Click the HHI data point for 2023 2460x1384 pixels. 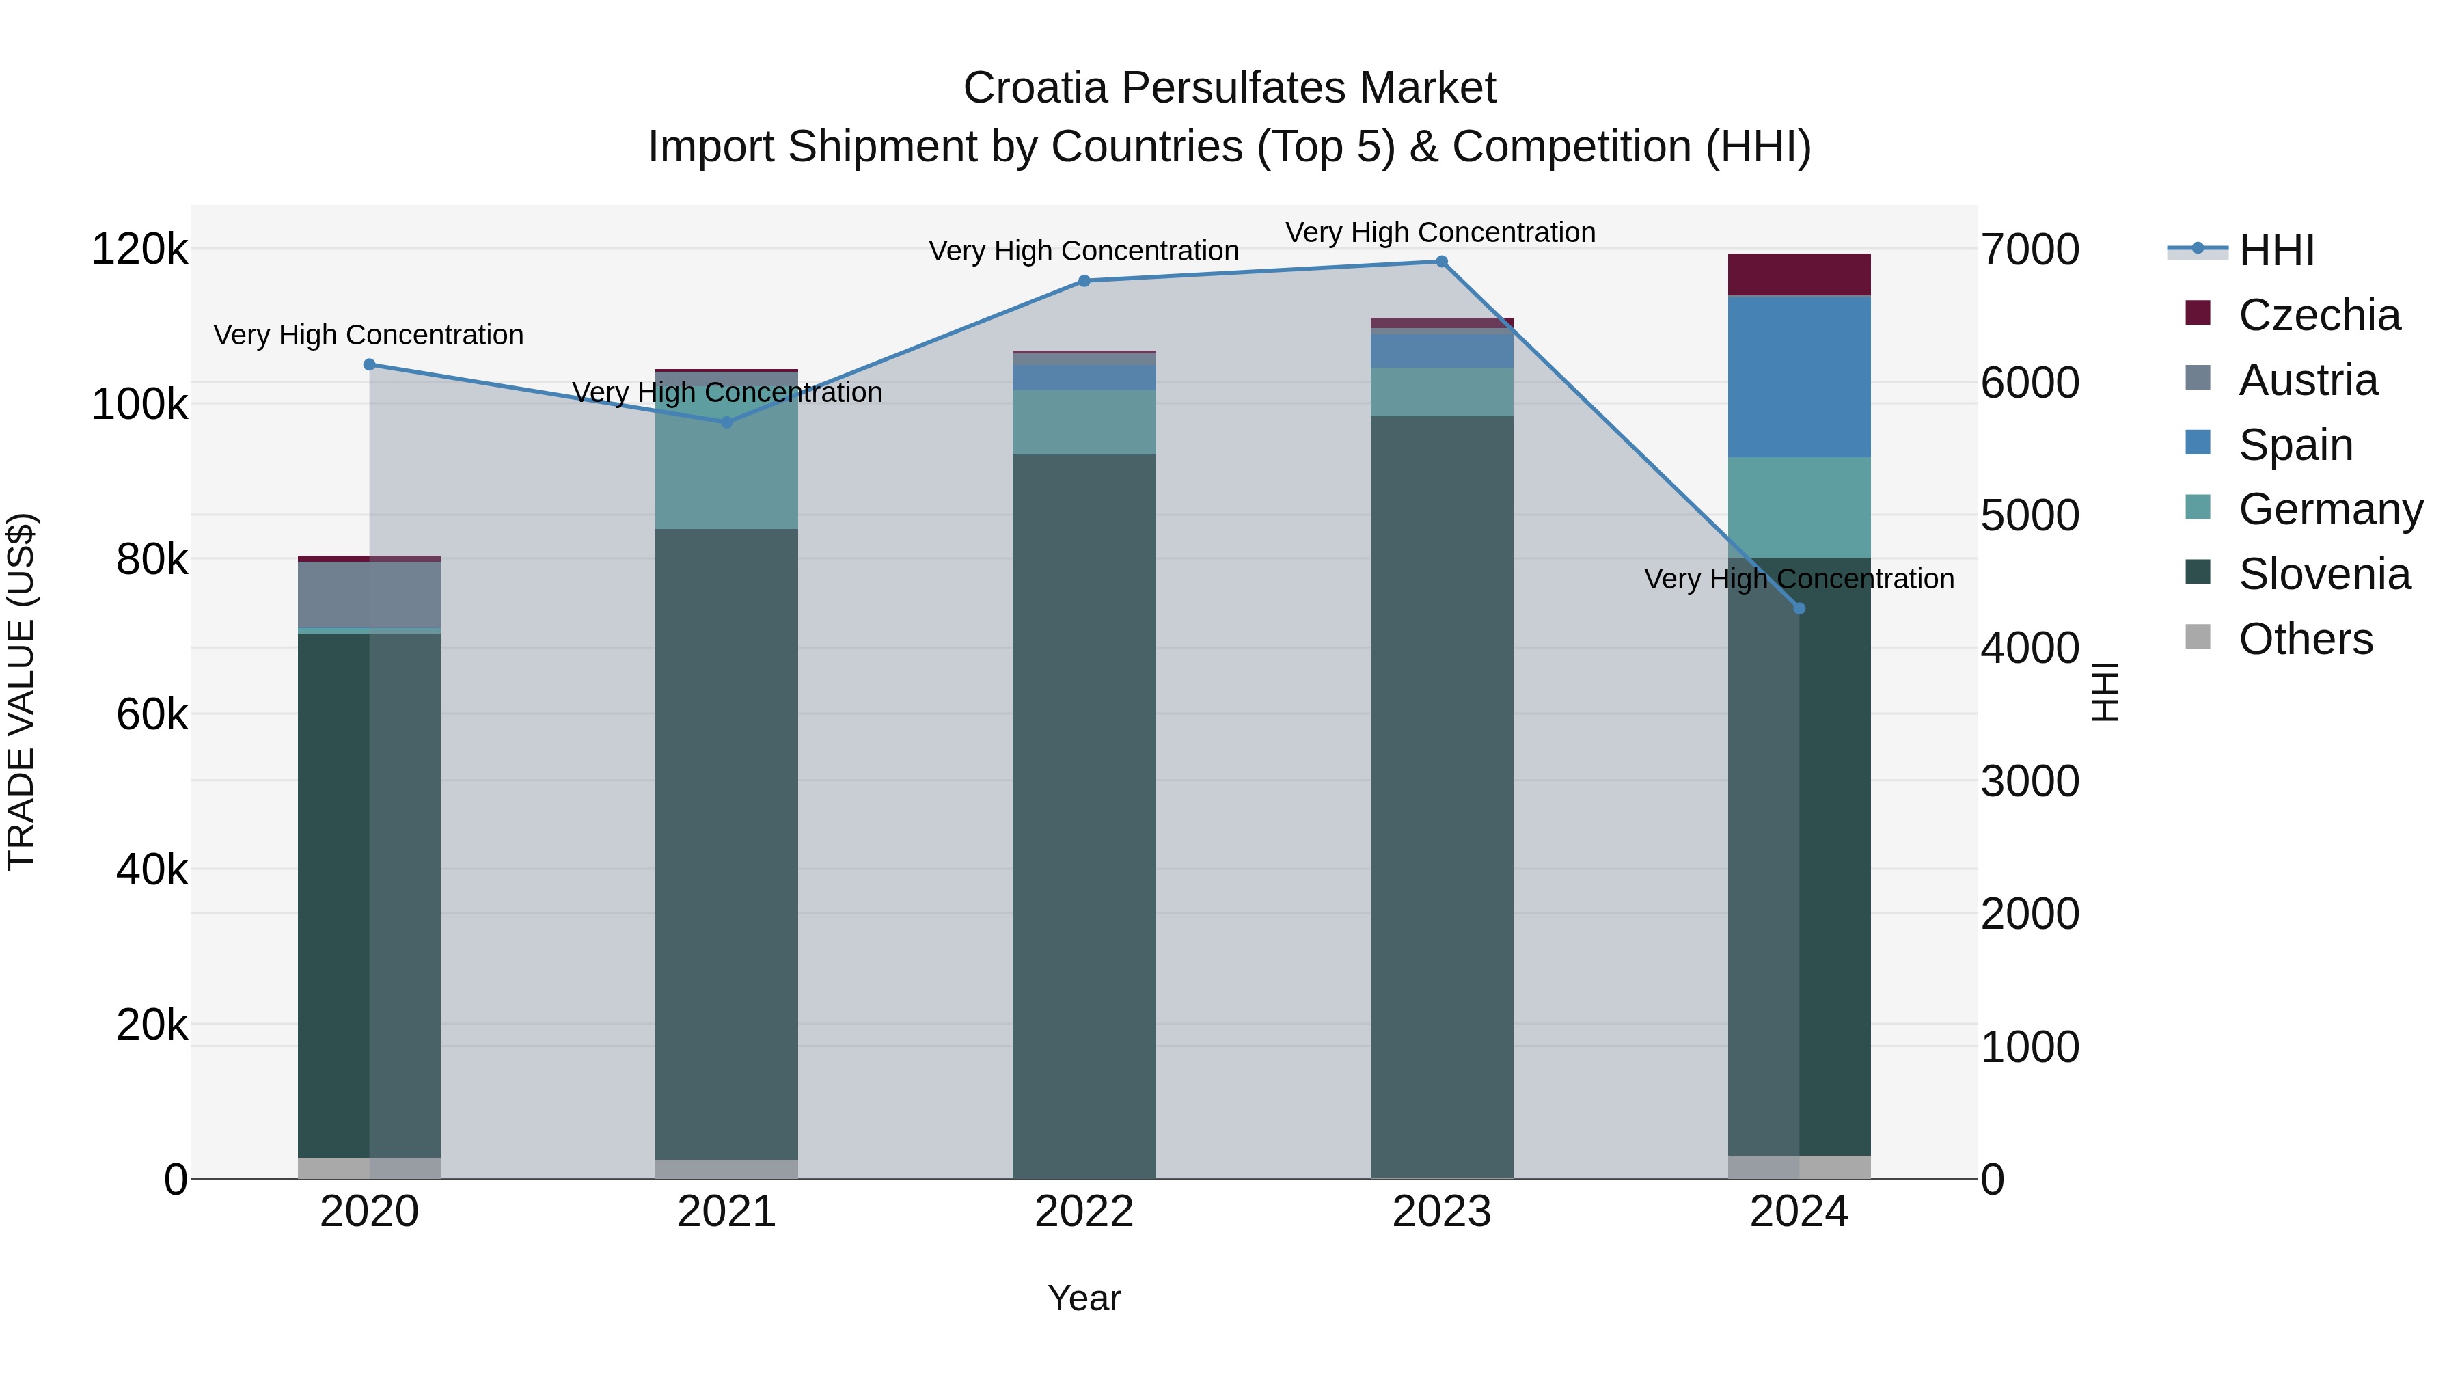1441,262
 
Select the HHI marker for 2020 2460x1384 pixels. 370,364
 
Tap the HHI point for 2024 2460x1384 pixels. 1799,608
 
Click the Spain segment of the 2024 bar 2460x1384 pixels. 1799,377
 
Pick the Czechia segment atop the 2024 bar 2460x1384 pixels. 1799,274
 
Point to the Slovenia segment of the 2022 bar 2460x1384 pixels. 1084,812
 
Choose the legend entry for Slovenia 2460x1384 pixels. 2323,574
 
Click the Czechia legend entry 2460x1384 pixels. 2319,315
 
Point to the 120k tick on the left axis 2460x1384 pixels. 139,249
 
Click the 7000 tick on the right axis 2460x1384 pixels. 2029,249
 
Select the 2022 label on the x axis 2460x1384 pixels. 1084,1211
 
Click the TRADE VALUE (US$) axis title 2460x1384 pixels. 21,692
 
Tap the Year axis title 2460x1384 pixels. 1084,1298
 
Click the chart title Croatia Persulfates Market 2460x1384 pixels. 1229,88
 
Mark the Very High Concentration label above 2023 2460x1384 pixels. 1440,232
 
